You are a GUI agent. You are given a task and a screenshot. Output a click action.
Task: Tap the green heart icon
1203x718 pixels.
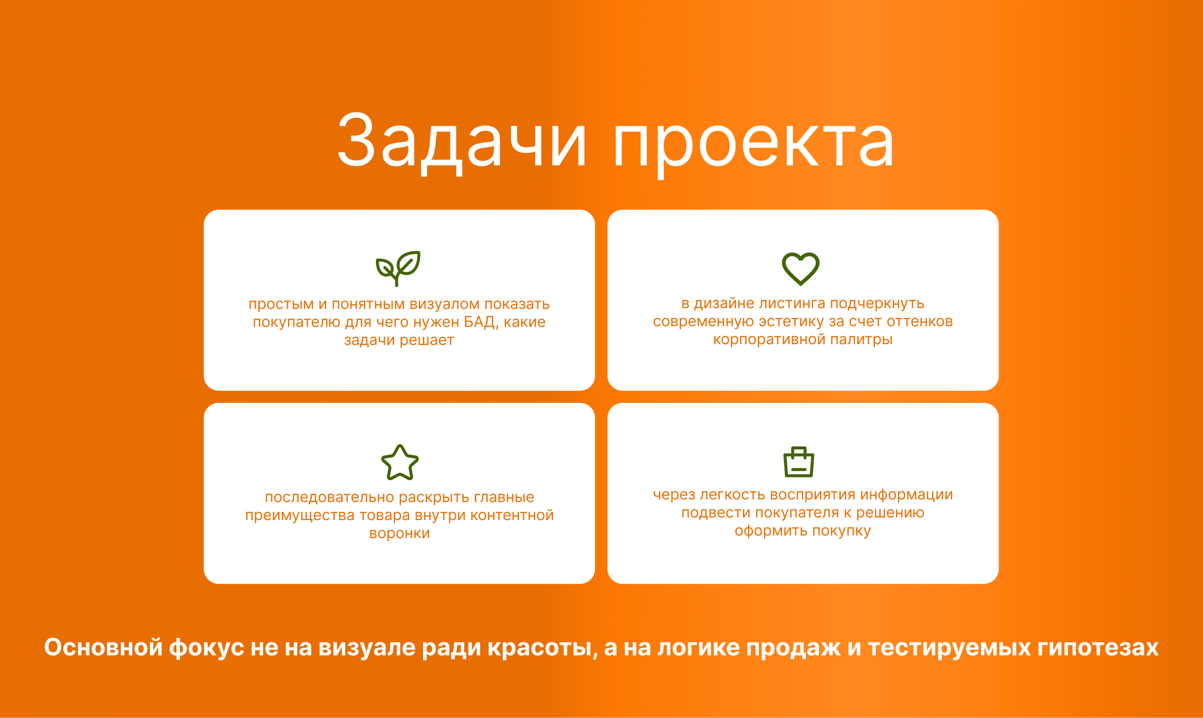pos(800,269)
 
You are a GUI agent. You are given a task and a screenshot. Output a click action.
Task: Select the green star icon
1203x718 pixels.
pos(400,462)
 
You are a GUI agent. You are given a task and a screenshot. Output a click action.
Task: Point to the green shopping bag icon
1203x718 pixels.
pos(799,462)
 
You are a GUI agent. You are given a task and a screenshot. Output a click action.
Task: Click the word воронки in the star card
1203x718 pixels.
pos(399,534)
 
